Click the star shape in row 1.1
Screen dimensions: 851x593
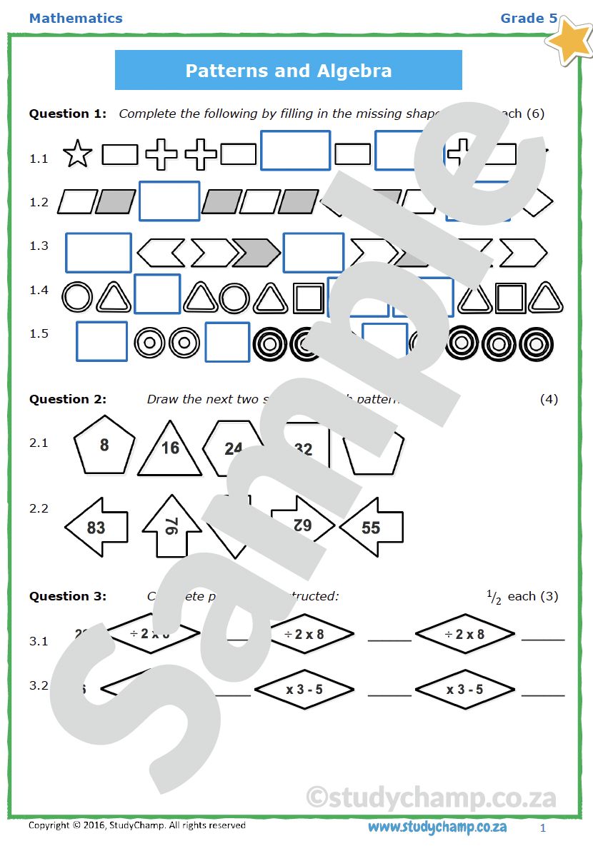coord(77,154)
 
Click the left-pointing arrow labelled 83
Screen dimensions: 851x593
coord(96,528)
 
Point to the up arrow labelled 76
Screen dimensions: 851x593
coord(171,525)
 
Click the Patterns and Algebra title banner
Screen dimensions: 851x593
coord(288,71)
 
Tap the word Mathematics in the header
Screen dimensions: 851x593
coord(76,19)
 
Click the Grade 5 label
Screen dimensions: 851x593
coord(529,19)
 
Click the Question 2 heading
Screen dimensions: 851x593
coord(68,399)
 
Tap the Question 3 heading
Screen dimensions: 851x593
coord(68,596)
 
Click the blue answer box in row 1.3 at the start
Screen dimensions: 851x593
coord(99,252)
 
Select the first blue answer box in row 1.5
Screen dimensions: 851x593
coord(101,341)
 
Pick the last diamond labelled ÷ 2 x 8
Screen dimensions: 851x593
coord(464,634)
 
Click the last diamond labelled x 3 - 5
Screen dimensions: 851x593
coord(464,690)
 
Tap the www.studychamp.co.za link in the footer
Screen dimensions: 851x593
coord(437,827)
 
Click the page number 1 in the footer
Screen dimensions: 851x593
coord(543,828)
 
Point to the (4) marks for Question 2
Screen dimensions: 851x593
coord(548,399)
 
